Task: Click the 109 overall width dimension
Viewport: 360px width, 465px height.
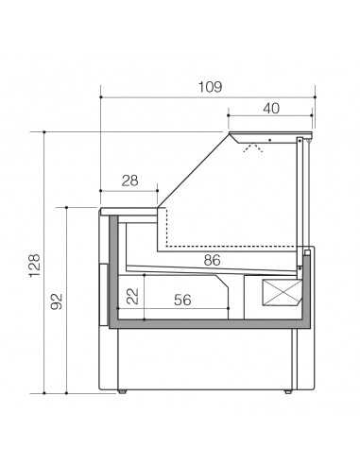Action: (x=210, y=86)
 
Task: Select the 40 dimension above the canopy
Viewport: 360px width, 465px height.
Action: (x=271, y=108)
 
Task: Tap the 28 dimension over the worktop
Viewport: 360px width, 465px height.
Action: (x=130, y=180)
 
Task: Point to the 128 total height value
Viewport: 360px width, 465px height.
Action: (x=33, y=262)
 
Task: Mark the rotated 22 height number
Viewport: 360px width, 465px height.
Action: (x=133, y=296)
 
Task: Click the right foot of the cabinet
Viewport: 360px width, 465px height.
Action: (x=290, y=389)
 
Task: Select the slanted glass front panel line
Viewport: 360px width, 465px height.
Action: (x=194, y=170)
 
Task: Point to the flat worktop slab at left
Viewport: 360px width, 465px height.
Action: (x=129, y=206)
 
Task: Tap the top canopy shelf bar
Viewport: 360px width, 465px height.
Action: (x=271, y=133)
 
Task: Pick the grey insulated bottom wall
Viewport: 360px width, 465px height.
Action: (x=208, y=322)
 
